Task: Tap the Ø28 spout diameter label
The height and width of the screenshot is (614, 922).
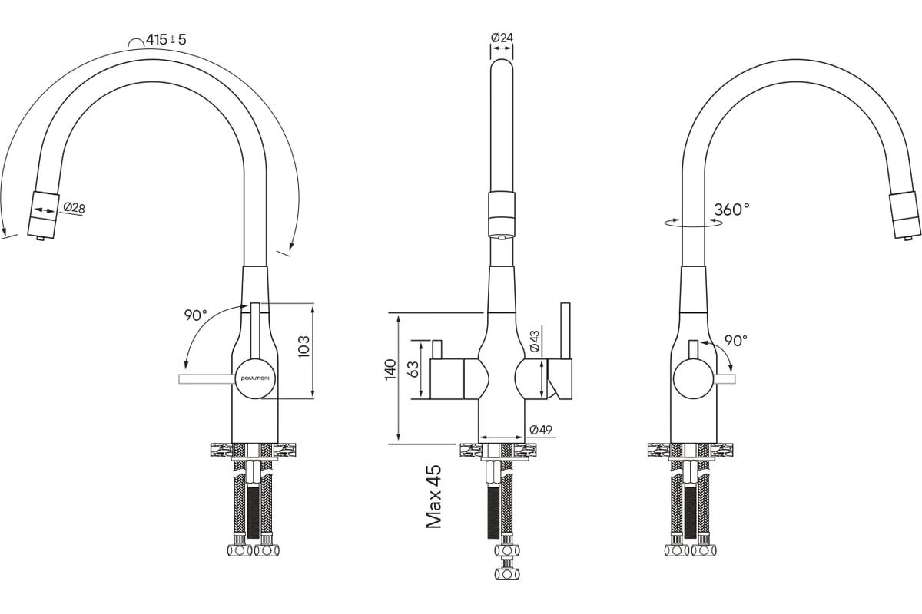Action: coord(74,208)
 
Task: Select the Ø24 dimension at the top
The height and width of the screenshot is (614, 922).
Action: coord(501,38)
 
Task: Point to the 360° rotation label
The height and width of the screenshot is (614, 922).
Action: coord(731,209)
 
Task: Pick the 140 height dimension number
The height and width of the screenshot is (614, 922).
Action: coord(390,369)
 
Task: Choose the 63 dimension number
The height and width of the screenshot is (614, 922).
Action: coord(413,369)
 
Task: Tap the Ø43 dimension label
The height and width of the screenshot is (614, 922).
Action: coord(534,342)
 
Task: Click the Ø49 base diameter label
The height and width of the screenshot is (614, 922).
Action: coord(542,430)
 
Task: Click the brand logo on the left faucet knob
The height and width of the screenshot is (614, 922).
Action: coord(254,378)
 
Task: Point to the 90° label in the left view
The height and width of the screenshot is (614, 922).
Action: coord(195,315)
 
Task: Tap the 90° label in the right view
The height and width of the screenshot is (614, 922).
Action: coord(735,341)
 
